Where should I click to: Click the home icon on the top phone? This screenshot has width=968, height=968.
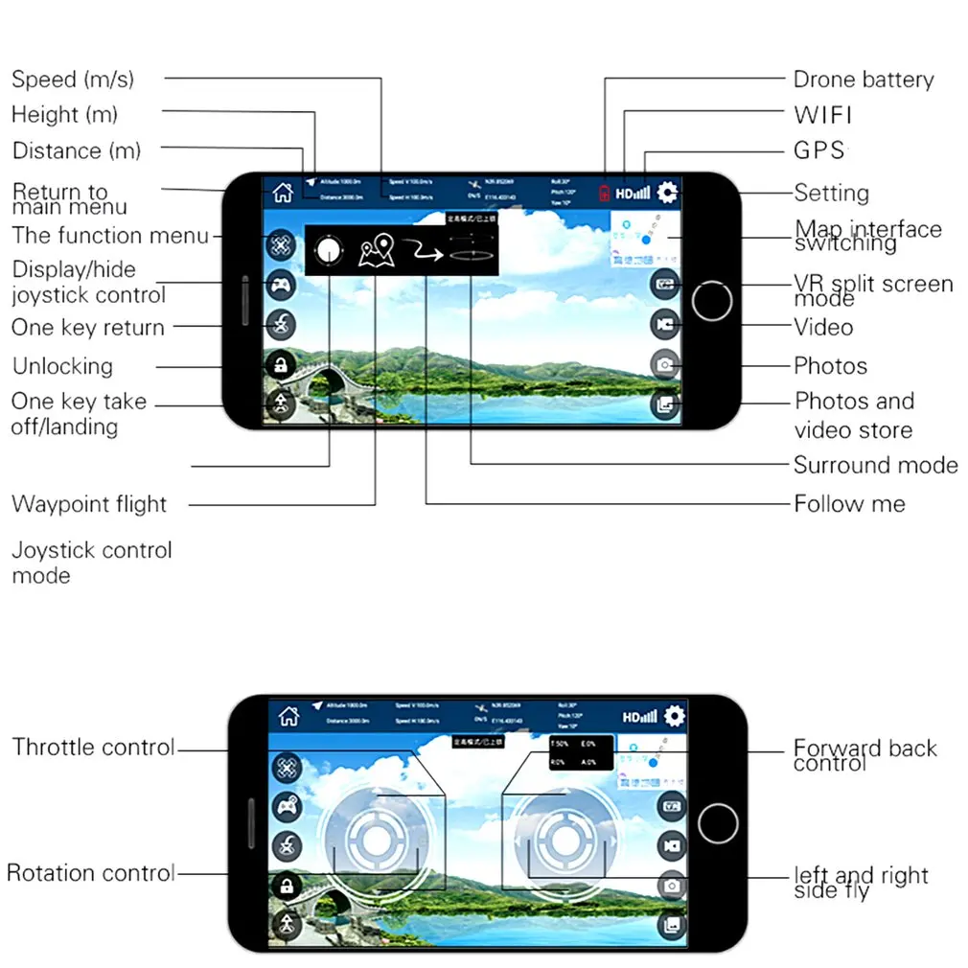click(282, 192)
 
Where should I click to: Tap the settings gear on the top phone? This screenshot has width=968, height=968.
click(666, 192)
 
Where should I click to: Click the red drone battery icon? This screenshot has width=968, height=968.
click(605, 193)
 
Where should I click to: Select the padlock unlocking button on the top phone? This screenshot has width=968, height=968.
click(281, 364)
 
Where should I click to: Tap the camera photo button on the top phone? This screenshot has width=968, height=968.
click(664, 365)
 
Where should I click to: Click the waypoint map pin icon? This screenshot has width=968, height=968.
click(376, 253)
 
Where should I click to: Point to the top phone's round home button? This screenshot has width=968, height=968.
click(711, 301)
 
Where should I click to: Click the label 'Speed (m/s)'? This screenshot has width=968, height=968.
click(73, 79)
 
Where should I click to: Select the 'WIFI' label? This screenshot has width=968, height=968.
click(822, 115)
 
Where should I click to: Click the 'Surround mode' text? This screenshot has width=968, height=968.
click(875, 465)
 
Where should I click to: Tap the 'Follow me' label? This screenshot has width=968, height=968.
click(849, 503)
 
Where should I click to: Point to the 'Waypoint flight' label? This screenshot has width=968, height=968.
click(89, 504)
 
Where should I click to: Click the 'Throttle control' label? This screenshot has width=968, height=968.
click(93, 747)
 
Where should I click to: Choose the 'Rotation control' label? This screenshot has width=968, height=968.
click(90, 873)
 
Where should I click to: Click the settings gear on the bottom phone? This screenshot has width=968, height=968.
click(674, 716)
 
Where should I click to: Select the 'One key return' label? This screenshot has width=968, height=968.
click(88, 328)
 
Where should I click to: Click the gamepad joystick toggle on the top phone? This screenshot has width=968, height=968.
click(281, 285)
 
